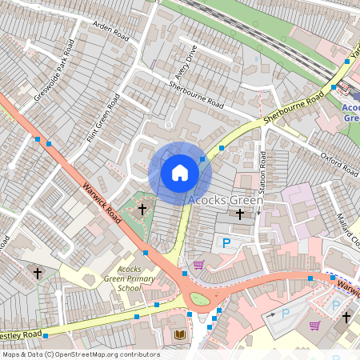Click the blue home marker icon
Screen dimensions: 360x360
[x=180, y=172]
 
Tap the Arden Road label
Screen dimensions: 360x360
[x=110, y=30]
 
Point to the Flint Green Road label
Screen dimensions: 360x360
[x=103, y=119]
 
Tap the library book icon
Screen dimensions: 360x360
[x=179, y=334]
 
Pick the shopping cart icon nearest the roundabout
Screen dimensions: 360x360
[x=198, y=265]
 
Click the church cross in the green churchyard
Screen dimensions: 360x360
[x=142, y=210]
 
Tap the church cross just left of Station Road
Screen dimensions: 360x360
[x=240, y=214]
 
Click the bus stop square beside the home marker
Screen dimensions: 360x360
[x=202, y=159]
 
